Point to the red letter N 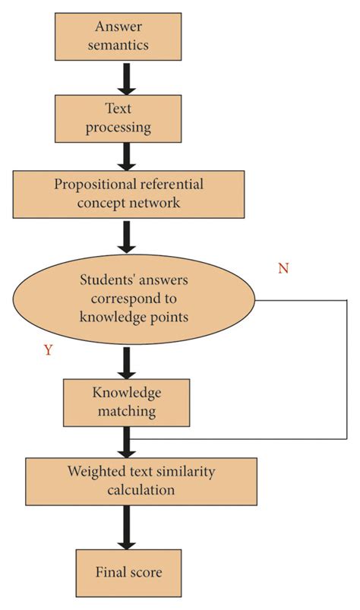[x=283, y=269]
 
